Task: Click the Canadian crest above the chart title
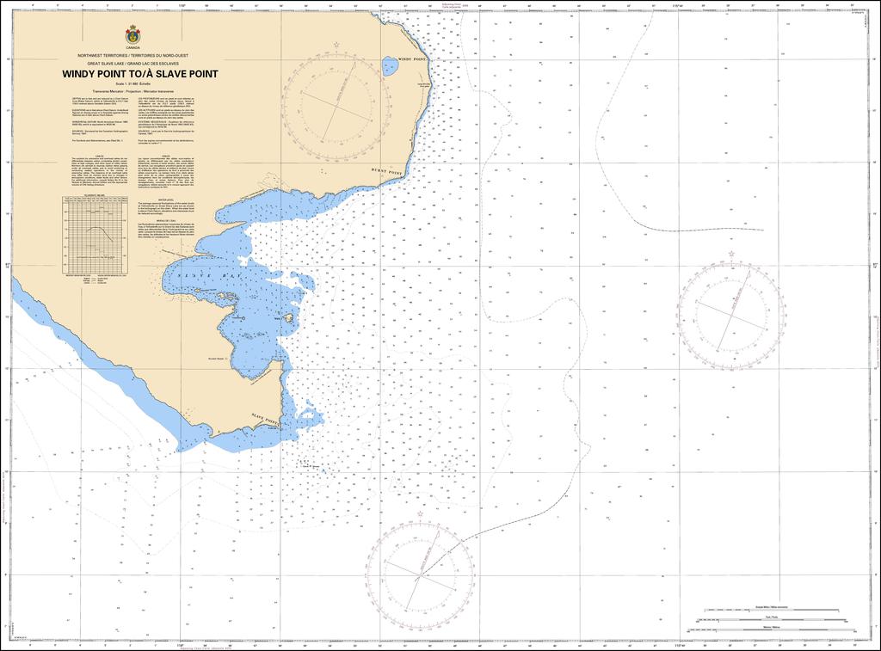click(x=132, y=35)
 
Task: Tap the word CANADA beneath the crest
click(x=132, y=48)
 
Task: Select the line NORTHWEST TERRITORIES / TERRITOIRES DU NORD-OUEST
click(x=132, y=55)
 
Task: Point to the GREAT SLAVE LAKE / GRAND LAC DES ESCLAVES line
click(x=132, y=64)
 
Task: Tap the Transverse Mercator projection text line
click(x=132, y=90)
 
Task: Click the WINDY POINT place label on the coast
click(x=412, y=58)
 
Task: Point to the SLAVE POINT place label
click(x=265, y=418)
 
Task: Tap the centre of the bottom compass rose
click(x=422, y=573)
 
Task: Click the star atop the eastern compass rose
click(x=730, y=255)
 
